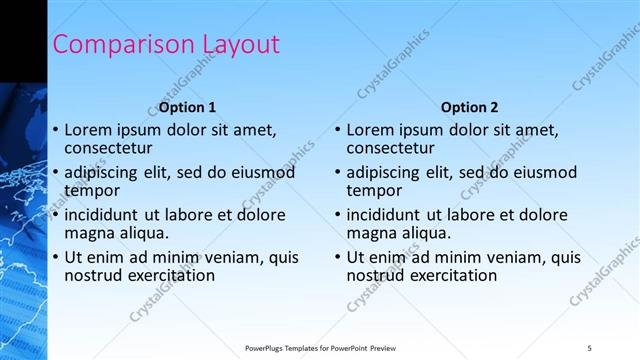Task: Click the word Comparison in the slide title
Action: [109, 45]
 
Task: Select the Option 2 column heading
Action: [469, 107]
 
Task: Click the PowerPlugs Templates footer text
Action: [320, 348]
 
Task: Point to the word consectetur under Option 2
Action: [389, 148]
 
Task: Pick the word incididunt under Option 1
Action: [102, 215]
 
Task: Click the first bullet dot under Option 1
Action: [56, 130]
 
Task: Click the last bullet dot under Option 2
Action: [338, 257]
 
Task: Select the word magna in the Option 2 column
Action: [371, 233]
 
